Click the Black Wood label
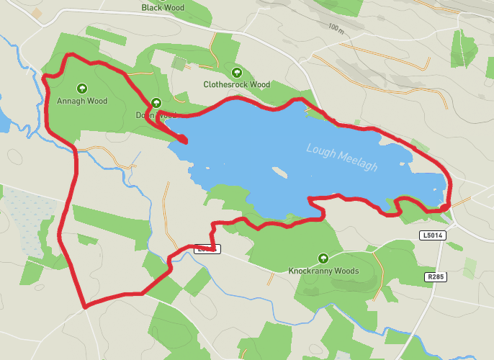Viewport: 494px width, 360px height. [163, 8]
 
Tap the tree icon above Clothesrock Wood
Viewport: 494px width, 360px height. [236, 72]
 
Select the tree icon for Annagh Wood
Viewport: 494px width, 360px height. [82, 89]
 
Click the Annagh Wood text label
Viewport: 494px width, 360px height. [82, 102]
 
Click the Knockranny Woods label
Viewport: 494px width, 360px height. [323, 271]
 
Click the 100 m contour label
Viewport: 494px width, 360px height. [336, 28]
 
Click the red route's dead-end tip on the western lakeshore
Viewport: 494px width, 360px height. [184, 140]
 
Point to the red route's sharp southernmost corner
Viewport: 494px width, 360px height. [86, 307]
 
